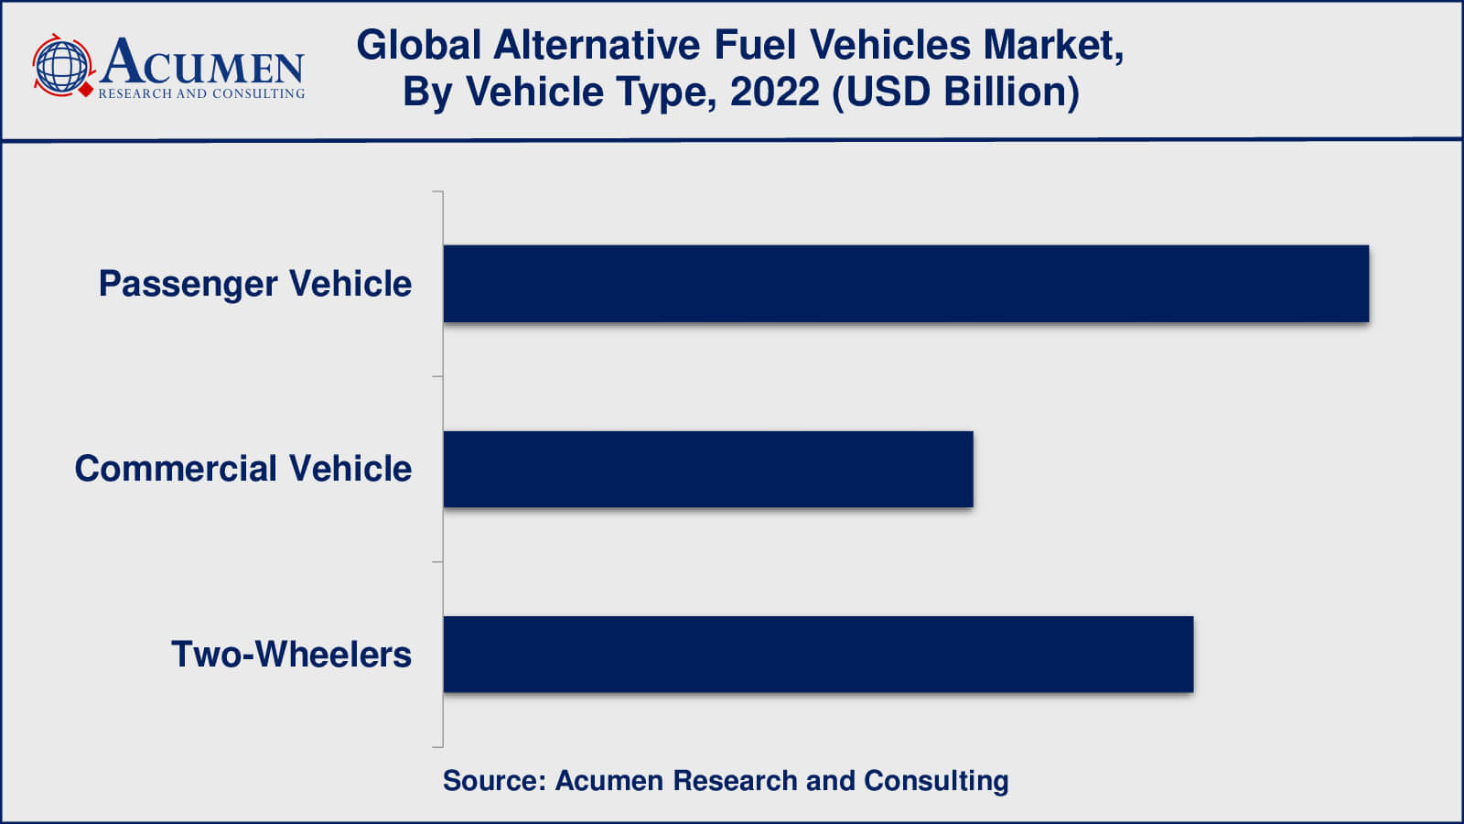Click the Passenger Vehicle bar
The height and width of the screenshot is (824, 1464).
(906, 284)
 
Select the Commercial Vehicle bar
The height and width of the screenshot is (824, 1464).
(708, 469)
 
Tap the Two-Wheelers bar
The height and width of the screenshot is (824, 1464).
(818, 654)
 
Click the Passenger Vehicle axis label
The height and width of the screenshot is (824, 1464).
(255, 284)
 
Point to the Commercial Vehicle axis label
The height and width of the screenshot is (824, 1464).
(243, 469)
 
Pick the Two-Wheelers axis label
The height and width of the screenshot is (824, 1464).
(291, 655)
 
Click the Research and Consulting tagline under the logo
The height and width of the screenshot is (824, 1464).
(201, 93)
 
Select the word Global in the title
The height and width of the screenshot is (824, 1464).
(418, 45)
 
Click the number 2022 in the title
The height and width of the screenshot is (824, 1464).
(774, 92)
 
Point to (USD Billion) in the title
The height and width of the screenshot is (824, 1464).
(955, 92)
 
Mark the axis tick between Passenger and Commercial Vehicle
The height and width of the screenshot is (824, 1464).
(437, 376)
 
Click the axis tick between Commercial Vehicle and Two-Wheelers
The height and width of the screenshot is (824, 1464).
(437, 561)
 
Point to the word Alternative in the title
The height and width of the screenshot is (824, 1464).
(597, 45)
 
